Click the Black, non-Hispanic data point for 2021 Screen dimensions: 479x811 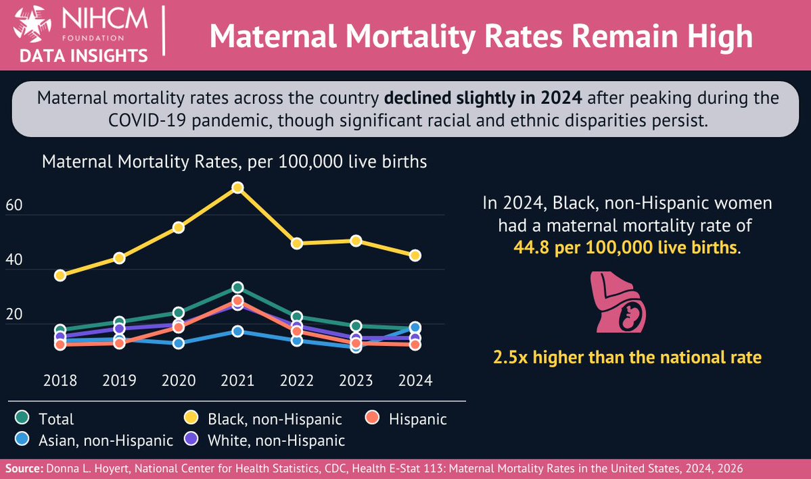[x=237, y=187]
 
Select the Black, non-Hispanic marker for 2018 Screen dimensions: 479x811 [x=60, y=275]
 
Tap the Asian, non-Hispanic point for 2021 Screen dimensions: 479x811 [x=237, y=331]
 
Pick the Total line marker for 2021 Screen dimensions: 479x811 [x=237, y=288]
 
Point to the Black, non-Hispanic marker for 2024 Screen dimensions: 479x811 [x=415, y=255]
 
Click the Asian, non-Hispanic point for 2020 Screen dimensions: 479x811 [x=179, y=343]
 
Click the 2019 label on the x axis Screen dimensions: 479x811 [x=119, y=380]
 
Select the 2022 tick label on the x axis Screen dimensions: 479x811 [x=297, y=380]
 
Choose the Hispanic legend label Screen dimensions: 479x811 [x=417, y=419]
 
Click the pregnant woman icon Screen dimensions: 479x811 [x=618, y=303]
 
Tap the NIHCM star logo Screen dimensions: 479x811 [x=26, y=24]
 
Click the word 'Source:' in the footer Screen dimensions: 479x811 [x=23, y=468]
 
